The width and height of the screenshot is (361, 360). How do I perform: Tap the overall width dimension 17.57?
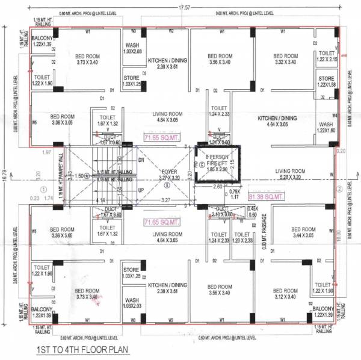184,7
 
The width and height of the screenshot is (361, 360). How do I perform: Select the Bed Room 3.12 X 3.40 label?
283,293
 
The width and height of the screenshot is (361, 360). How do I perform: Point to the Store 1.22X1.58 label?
326,82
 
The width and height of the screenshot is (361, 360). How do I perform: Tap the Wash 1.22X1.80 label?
326,127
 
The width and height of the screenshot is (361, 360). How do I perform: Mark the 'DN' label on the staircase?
141,161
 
